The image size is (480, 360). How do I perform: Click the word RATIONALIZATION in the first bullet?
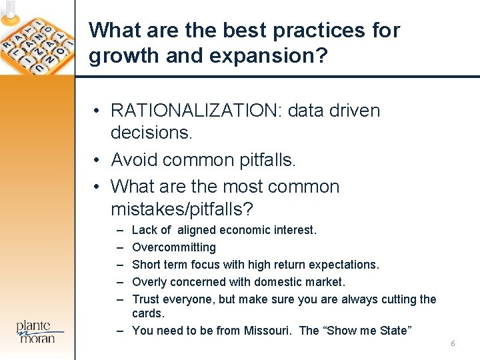click(196, 111)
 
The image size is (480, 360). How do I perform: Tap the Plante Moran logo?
click(40, 331)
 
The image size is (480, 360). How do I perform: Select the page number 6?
click(453, 343)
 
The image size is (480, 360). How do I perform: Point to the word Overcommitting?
click(174, 247)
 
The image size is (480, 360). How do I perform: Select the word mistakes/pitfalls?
click(182, 210)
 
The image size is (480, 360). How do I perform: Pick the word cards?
click(148, 313)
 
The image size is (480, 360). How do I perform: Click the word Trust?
click(147, 299)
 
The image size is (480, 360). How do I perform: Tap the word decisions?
click(151, 133)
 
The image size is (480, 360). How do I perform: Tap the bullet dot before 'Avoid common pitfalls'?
click(97, 161)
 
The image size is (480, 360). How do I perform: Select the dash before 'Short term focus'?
click(119, 265)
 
